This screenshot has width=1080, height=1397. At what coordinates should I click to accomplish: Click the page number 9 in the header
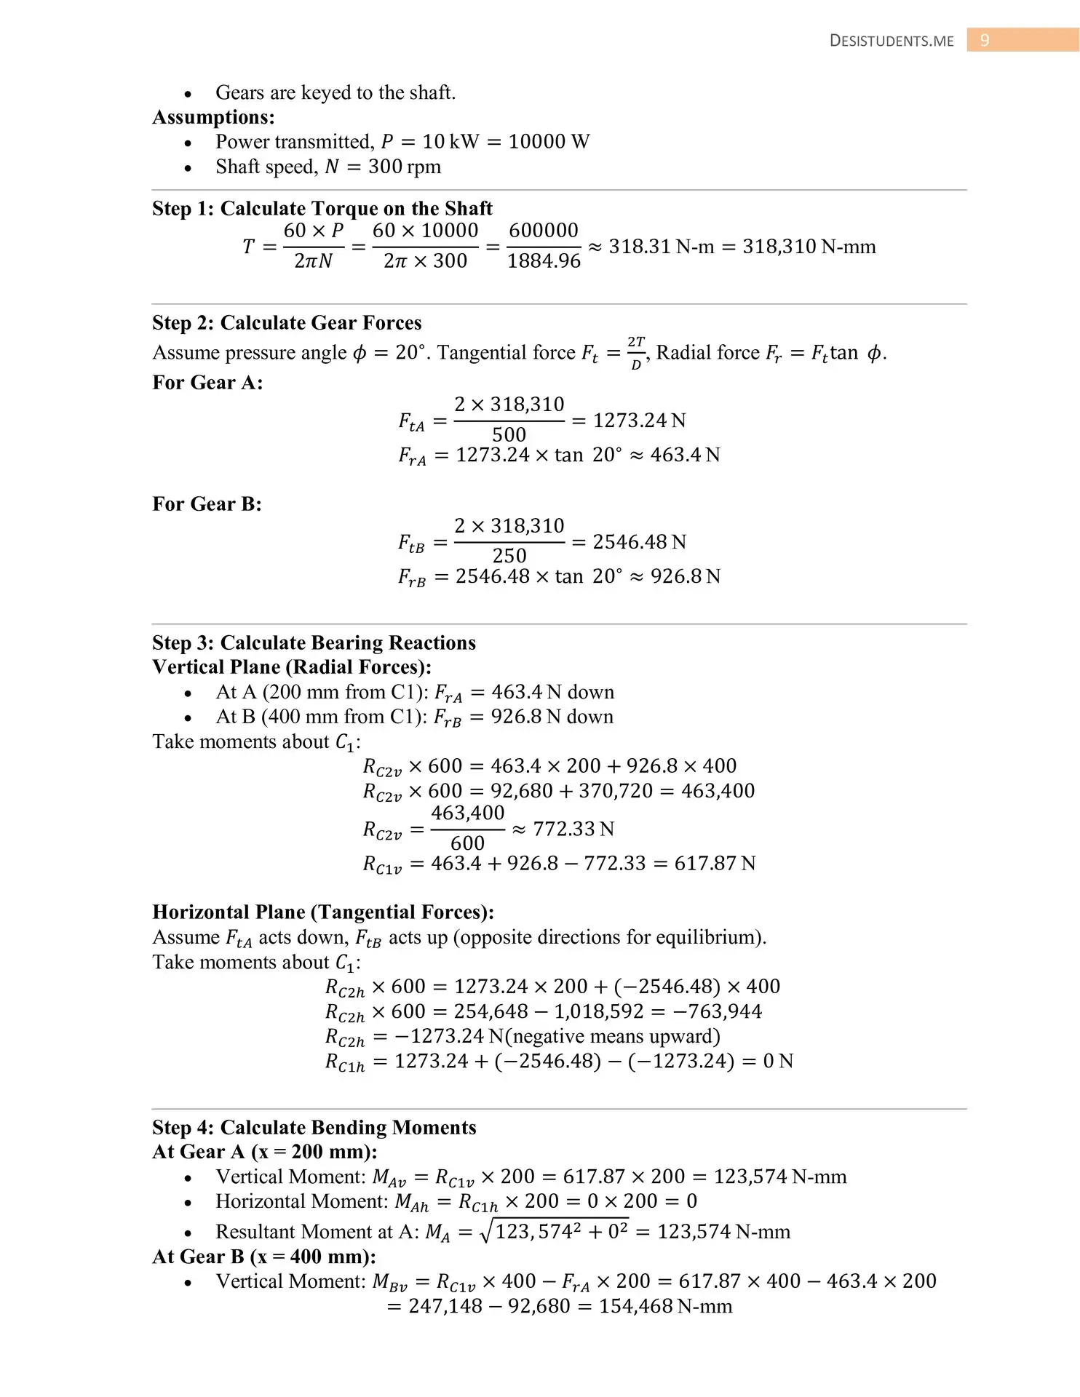click(985, 41)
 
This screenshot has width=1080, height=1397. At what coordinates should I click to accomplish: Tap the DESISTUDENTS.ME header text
click(892, 41)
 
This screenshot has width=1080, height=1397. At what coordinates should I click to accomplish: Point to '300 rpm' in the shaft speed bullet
click(405, 167)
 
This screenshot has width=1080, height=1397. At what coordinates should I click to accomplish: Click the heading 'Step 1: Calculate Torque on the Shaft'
click(322, 208)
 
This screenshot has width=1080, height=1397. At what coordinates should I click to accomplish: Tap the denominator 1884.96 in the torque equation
click(544, 260)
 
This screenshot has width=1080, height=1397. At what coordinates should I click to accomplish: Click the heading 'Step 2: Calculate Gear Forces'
click(287, 322)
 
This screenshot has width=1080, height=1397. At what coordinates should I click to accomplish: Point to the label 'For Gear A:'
click(207, 382)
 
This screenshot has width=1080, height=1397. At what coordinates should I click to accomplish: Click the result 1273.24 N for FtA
click(639, 421)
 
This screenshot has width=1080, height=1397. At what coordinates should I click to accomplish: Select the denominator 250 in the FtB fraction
click(509, 556)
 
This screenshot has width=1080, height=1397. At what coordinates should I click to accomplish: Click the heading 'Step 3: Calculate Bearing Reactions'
click(314, 642)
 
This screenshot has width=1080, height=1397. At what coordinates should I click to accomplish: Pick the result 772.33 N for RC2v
click(573, 829)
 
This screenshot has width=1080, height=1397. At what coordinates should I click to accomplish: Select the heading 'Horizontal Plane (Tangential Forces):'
click(323, 912)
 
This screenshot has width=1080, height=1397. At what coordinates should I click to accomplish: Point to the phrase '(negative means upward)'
click(611, 1036)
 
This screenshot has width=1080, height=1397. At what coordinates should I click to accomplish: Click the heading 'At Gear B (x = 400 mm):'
click(264, 1257)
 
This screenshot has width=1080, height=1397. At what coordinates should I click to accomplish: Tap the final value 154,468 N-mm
click(665, 1306)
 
